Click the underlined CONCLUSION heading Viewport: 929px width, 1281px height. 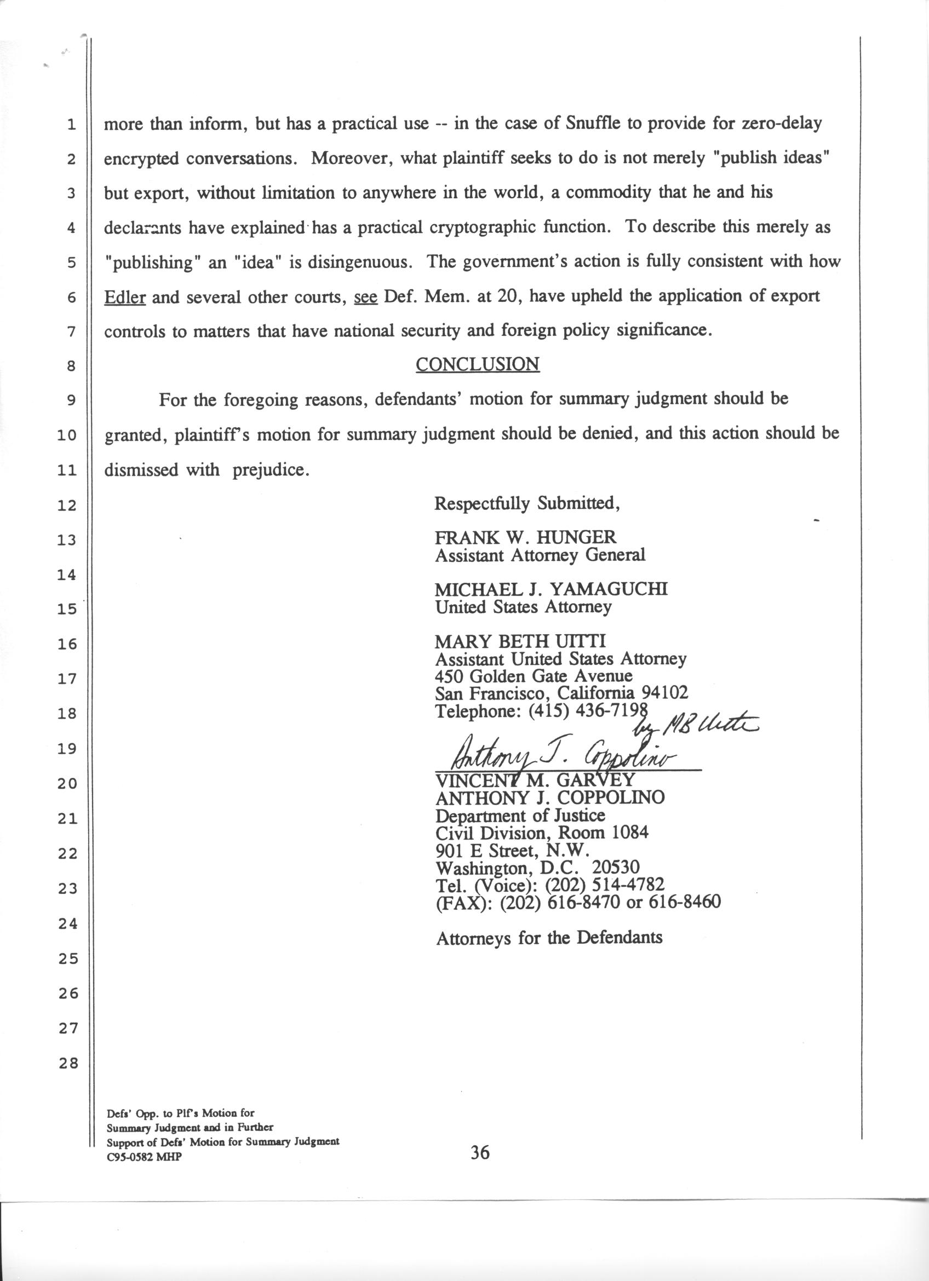pyautogui.click(x=477, y=364)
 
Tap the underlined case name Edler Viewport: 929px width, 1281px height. pyautogui.click(x=125, y=296)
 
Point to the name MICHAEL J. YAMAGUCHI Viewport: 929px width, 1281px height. pyautogui.click(x=550, y=590)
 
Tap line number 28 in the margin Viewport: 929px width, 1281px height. pyautogui.click(x=68, y=1064)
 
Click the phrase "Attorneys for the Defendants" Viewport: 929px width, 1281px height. pyautogui.click(x=549, y=938)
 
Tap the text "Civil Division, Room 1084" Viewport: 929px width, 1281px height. pyautogui.click(x=542, y=832)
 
